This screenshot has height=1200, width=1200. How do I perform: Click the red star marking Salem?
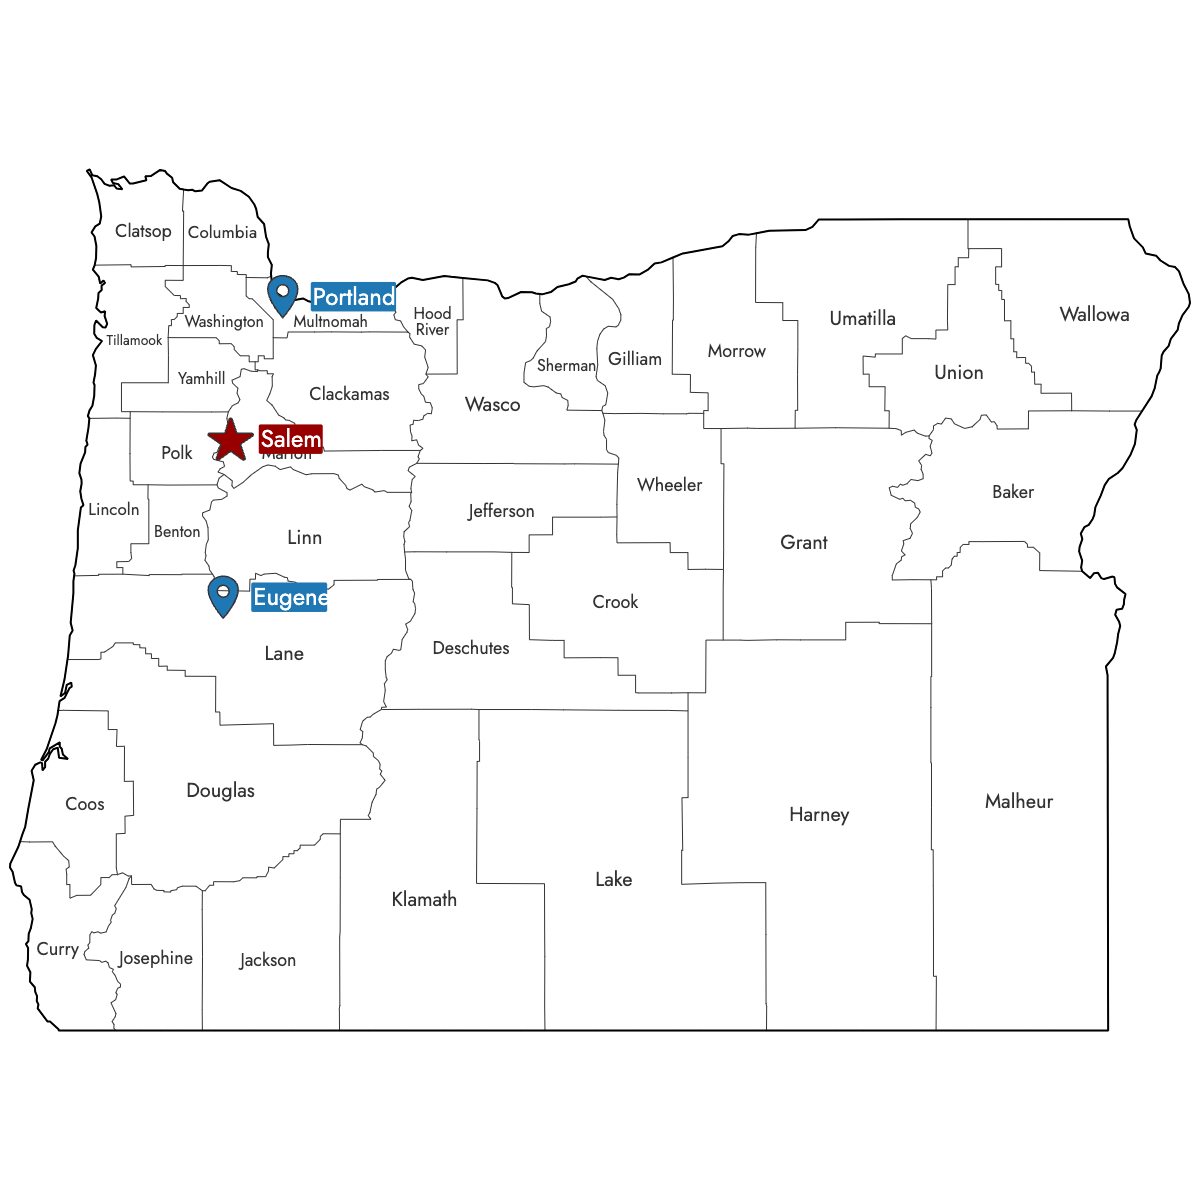tap(231, 440)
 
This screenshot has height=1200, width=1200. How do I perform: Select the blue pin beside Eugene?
tap(223, 595)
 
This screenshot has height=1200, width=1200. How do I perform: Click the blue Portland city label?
tap(353, 297)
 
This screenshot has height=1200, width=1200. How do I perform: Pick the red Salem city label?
tap(290, 439)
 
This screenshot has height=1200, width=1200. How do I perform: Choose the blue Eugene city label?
tap(289, 598)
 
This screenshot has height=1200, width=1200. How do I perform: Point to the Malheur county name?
tap(1018, 801)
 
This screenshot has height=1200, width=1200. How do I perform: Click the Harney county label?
tap(818, 814)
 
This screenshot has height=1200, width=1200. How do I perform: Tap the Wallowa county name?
tap(1094, 314)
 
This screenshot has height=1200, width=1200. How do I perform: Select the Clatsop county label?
tap(143, 231)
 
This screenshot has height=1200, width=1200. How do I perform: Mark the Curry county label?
tap(57, 949)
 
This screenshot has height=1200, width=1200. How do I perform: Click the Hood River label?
tap(432, 321)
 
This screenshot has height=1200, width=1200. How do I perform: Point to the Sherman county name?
tap(566, 366)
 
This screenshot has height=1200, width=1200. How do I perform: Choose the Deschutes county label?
tap(470, 648)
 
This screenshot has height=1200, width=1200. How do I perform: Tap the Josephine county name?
tap(155, 958)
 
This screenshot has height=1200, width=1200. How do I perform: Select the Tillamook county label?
tap(134, 341)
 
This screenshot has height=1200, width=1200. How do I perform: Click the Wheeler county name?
tap(669, 485)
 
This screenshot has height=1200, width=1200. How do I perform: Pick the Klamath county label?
tap(424, 899)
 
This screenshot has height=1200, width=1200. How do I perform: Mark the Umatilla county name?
tap(862, 318)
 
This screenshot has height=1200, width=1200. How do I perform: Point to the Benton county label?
tap(177, 532)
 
